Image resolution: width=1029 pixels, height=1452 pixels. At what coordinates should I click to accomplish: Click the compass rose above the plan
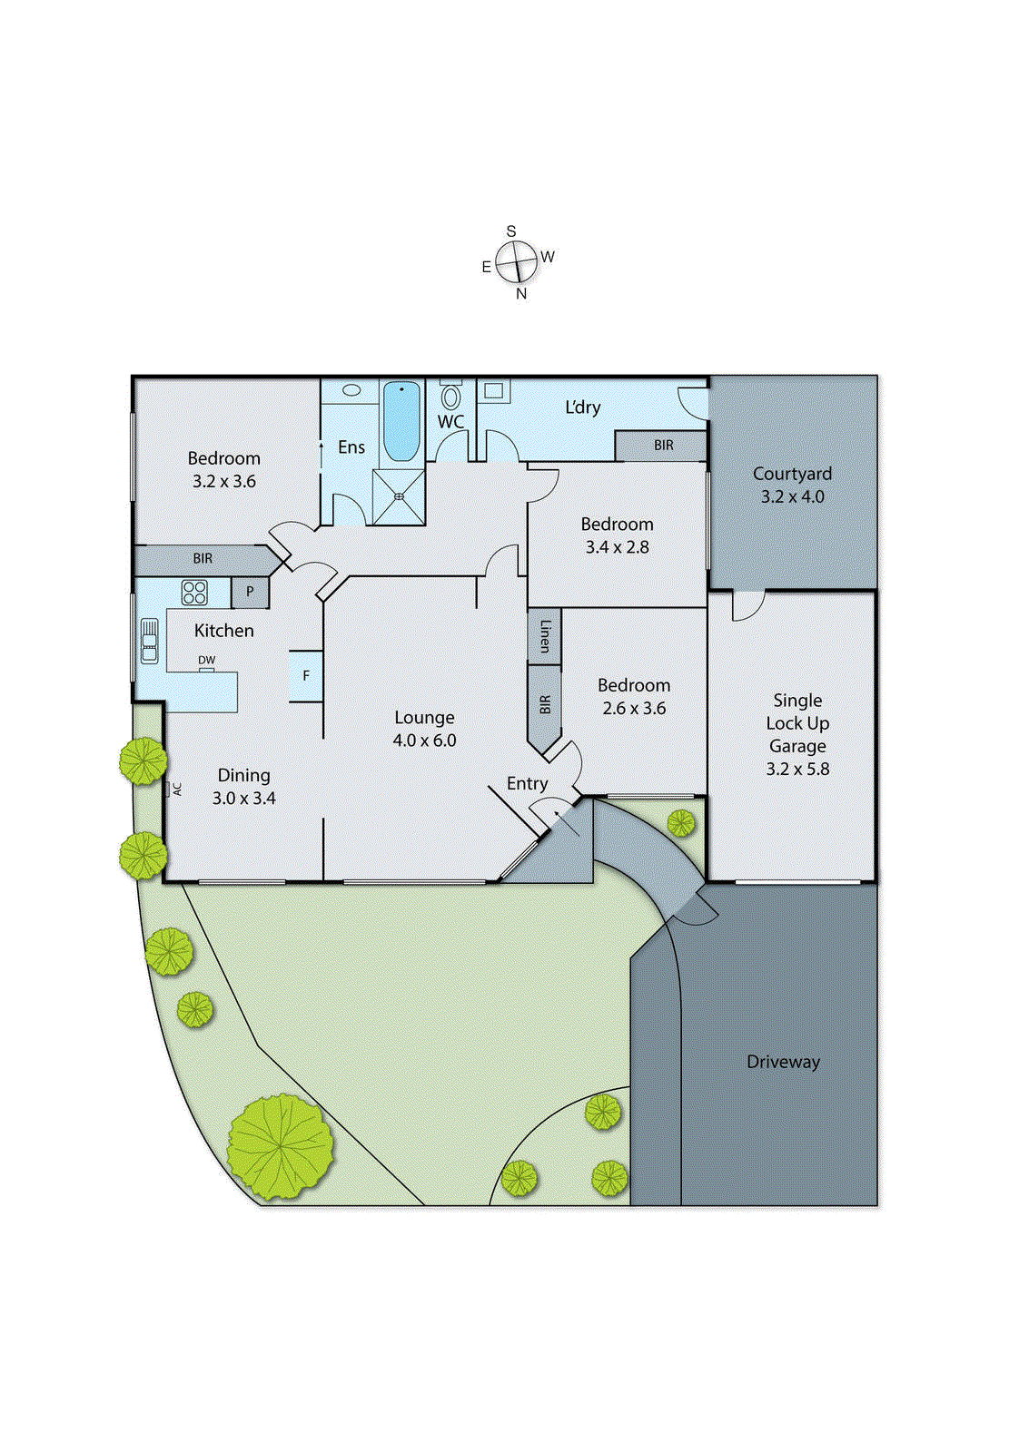point(517,262)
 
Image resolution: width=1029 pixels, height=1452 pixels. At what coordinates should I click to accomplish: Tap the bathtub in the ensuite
point(401,421)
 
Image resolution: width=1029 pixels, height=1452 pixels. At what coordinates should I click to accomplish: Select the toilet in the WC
point(450,397)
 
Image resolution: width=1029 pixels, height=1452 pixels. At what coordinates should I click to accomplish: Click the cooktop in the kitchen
point(194,593)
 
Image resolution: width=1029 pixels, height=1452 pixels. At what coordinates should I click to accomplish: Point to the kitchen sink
point(150,640)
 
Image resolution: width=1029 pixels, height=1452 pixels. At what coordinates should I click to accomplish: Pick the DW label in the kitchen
point(207,660)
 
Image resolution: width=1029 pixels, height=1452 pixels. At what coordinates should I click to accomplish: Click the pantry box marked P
point(250,593)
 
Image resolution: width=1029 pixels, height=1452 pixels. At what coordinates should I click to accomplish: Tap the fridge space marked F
point(306,675)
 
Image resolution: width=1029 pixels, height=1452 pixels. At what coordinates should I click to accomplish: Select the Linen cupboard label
point(545,635)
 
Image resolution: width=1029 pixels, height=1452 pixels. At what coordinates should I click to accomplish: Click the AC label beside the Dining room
point(177,789)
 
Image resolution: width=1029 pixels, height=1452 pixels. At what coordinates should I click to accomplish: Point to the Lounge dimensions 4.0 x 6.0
point(424,741)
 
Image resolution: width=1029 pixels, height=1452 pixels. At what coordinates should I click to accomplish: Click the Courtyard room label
point(792,474)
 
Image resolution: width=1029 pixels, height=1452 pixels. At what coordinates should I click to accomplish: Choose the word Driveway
point(783,1062)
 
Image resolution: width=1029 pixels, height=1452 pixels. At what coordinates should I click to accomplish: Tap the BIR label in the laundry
point(664,446)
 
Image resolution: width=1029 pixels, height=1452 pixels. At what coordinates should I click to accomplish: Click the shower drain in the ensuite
point(399,496)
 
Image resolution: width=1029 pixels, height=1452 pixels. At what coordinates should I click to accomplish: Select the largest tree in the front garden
point(280,1145)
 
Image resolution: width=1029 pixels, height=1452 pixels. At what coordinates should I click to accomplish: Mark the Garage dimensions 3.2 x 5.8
point(797,769)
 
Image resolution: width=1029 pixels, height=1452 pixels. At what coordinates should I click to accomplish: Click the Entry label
point(527,783)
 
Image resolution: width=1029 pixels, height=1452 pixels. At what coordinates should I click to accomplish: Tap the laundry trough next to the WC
point(494,391)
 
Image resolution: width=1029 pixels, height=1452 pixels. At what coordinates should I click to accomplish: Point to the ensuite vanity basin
point(351,390)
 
